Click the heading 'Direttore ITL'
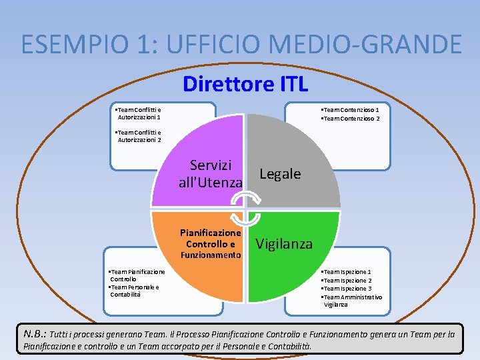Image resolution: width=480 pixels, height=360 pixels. point(245,85)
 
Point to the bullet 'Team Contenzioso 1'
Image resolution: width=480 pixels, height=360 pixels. point(350,110)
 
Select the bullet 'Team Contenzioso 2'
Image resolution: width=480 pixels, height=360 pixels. point(350,119)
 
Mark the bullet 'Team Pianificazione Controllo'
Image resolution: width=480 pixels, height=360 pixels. point(137,275)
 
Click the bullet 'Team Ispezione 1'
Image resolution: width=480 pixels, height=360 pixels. point(346,272)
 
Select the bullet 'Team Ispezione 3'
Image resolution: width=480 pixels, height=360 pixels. point(346,289)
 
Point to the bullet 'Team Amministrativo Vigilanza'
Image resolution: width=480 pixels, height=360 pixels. point(351,300)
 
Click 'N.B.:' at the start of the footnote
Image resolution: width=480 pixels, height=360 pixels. point(34,333)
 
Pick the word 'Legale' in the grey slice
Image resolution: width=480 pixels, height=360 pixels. point(280,174)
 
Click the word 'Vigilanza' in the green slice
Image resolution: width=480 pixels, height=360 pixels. point(284,244)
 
